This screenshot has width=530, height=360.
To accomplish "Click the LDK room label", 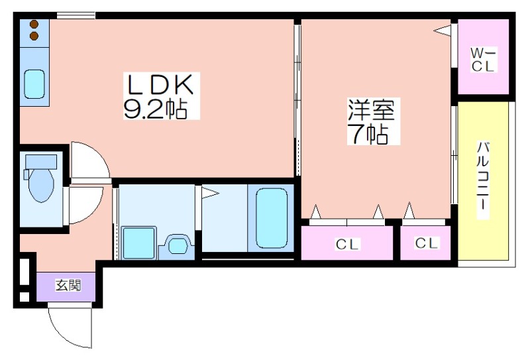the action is [160, 85].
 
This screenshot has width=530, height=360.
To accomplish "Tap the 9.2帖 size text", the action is [156, 108].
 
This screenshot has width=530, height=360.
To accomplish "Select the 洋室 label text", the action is [372, 109].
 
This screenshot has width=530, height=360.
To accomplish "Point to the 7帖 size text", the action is [370, 134].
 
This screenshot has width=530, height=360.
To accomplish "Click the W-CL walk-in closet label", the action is [483, 60].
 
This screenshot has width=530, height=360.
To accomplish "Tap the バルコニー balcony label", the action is [483, 180].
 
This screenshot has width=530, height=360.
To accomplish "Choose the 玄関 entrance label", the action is [68, 286].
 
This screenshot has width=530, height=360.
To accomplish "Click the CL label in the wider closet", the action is [347, 244].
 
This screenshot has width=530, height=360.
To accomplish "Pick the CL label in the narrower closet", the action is [427, 243].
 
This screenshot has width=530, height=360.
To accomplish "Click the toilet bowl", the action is [41, 185].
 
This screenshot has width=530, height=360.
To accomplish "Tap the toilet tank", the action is [41, 161].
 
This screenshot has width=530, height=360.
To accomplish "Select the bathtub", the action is [272, 218].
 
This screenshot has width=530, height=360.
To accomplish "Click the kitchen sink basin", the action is [35, 84].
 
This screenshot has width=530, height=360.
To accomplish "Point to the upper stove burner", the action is [34, 24].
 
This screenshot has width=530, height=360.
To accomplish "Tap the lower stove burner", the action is [34, 36].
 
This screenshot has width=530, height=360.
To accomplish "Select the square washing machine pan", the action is [139, 243].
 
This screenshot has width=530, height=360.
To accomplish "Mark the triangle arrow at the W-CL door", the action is [443, 30].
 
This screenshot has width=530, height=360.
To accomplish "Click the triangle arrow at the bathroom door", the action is [210, 194].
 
